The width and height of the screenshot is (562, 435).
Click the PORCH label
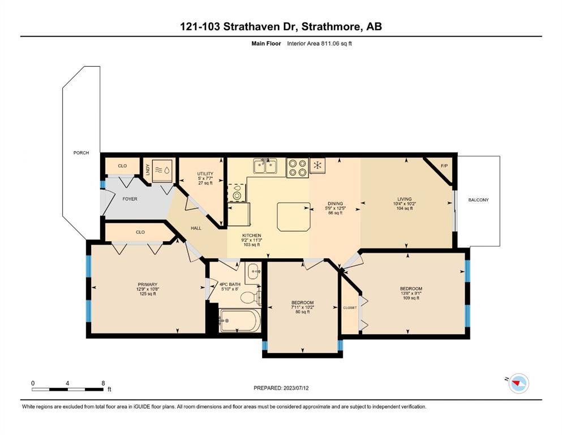[x=81, y=153]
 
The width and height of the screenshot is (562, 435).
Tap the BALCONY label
[x=478, y=200]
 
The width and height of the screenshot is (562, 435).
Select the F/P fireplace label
[x=444, y=166]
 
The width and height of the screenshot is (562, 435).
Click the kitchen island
[x=294, y=216]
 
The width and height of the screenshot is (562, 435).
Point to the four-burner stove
[x=298, y=168]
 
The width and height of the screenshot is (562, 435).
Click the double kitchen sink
[x=265, y=167]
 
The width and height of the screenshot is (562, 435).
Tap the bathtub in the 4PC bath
[x=240, y=321]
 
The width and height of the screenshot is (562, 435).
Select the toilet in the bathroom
[x=251, y=297]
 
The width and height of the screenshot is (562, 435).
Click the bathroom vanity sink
[x=254, y=272]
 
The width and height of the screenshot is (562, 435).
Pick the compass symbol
[x=518, y=383]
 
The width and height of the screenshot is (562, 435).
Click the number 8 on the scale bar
[x=103, y=383]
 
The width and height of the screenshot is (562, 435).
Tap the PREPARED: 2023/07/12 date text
[x=281, y=388]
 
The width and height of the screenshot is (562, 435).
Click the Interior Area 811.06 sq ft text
[x=319, y=44]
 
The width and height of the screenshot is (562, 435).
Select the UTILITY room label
[x=205, y=173]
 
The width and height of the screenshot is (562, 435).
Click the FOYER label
[x=130, y=199]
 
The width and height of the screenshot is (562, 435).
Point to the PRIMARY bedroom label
[x=147, y=284]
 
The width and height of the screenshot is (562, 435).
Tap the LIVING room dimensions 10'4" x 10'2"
[x=405, y=204]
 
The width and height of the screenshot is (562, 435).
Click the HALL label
[x=196, y=228]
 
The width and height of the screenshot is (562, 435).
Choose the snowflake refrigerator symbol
[x=317, y=165]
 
